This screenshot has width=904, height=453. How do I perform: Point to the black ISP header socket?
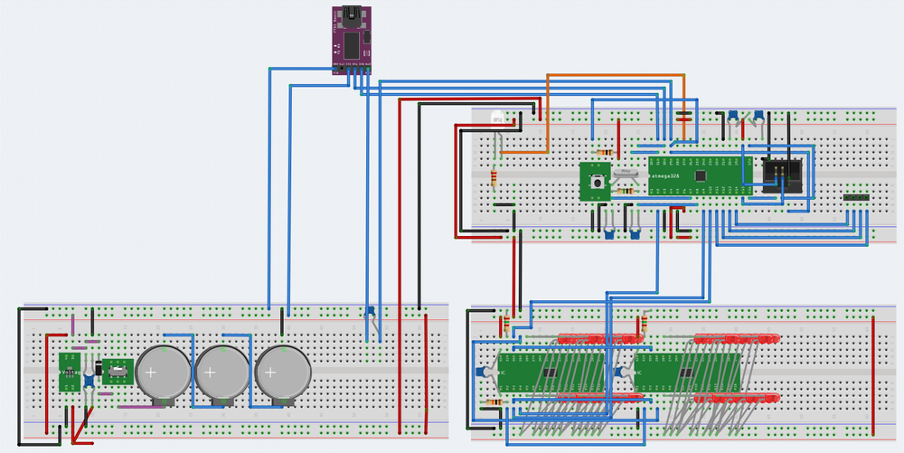781,173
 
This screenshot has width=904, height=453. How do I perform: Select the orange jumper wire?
615,76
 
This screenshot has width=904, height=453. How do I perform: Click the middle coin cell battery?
221,373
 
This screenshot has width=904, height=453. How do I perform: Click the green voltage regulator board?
69,372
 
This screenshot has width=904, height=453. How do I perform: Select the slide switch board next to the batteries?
118,370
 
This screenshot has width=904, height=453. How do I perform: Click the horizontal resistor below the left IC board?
494,401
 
